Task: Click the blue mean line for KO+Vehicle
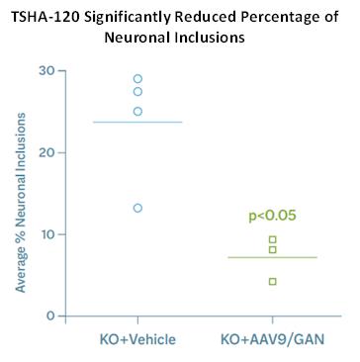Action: pos(137,122)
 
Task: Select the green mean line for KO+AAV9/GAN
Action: pos(273,257)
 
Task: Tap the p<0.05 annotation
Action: pos(272,216)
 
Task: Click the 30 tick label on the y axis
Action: pos(47,71)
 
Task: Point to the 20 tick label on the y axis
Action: pos(47,152)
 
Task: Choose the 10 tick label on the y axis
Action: pos(47,234)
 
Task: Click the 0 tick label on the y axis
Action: pos(50,316)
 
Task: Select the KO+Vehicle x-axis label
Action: pos(137,339)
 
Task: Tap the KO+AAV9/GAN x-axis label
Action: pos(273,339)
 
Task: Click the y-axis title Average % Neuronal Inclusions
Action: pos(21,203)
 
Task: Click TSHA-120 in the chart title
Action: pos(44,17)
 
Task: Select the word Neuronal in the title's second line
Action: pos(136,38)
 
